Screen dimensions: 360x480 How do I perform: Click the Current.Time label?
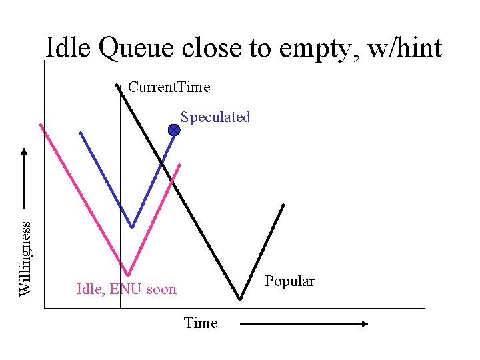coord(169,87)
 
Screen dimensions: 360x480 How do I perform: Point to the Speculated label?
coord(215,117)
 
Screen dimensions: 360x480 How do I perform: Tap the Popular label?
coord(289,281)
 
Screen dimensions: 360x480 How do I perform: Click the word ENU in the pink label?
coord(123,289)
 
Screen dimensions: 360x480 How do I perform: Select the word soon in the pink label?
coord(160,289)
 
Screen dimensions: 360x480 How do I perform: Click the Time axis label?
coord(201,323)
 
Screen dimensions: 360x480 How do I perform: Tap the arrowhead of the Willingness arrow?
coord(25,153)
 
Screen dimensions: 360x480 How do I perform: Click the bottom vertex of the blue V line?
coord(132,227)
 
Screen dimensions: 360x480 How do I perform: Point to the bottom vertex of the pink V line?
coord(127,275)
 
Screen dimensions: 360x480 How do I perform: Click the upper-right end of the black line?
coord(284,205)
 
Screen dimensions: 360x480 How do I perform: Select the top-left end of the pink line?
coord(41,125)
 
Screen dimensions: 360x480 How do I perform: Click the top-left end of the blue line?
coord(80,132)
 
